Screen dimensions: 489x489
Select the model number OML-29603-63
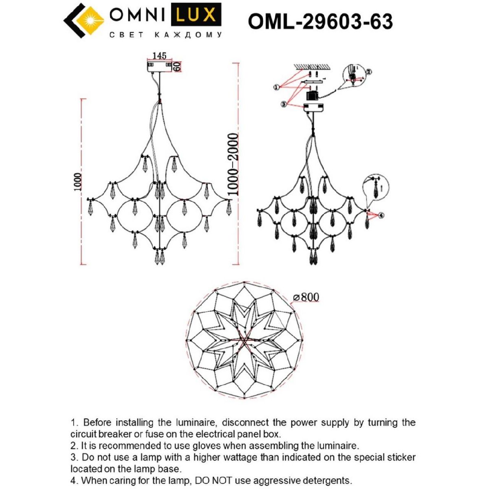(x=320, y=21)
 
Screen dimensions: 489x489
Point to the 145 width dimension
(x=159, y=56)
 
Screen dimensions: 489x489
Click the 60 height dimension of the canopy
(x=177, y=66)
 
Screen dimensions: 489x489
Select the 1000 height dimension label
(x=78, y=182)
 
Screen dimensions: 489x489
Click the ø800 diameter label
(x=306, y=297)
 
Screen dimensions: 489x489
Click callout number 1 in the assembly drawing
(x=276, y=87)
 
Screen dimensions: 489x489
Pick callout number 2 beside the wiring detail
(x=368, y=72)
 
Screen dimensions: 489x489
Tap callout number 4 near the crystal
(x=381, y=216)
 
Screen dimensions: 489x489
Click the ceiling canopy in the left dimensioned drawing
(x=160, y=66)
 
